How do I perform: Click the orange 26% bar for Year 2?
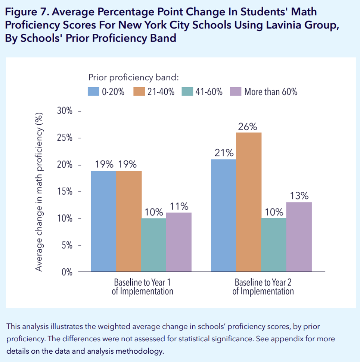click(x=249, y=202)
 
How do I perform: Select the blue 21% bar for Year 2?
click(x=224, y=216)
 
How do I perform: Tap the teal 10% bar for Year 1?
click(x=153, y=245)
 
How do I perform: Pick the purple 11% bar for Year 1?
click(x=179, y=242)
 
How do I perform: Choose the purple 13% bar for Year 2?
click(x=299, y=237)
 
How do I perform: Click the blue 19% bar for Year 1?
click(x=104, y=221)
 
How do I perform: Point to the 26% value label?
click(x=248, y=127)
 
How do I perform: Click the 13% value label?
click(x=299, y=196)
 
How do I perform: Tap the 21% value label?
click(x=224, y=153)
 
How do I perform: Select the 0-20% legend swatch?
click(x=93, y=92)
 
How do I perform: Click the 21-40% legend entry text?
click(x=161, y=92)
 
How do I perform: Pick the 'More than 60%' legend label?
click(x=271, y=92)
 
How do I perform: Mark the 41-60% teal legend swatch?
click(x=187, y=92)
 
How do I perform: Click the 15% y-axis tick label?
click(x=65, y=192)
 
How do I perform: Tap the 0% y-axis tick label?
click(x=67, y=272)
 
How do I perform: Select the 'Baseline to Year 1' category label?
click(x=142, y=282)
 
